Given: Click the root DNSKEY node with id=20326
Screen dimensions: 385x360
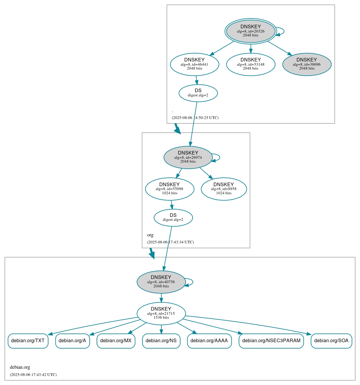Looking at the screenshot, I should (x=250, y=31).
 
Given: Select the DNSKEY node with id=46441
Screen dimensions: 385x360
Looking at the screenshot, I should (x=194, y=64).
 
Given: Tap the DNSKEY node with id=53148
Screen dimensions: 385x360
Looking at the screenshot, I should (x=250, y=64).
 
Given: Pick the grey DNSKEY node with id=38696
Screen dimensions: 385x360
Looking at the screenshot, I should (x=307, y=64).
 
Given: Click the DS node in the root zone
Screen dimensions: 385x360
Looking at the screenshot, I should (x=198, y=93).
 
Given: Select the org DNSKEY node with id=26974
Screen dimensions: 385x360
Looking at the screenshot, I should (x=188, y=157).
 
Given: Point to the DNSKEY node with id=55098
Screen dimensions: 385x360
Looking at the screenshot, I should (x=169, y=189).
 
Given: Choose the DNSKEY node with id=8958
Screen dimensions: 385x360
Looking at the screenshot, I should (x=224, y=189).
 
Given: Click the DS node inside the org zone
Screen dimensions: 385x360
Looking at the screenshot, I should (x=173, y=218).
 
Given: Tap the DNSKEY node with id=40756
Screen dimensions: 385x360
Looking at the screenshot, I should (x=161, y=282).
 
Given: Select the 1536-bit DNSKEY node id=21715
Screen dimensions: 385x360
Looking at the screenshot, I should (x=161, y=313).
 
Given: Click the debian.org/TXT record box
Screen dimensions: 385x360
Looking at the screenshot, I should (x=28, y=341).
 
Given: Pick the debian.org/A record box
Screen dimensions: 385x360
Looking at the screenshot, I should (x=72, y=341).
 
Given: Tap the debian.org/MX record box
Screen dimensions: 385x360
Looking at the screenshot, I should (x=116, y=341).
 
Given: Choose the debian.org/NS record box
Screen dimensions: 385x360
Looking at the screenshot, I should (x=161, y=341).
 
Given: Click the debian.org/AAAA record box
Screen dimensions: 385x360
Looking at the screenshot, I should (x=209, y=341).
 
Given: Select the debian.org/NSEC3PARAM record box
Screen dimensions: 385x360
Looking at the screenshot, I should (x=271, y=341).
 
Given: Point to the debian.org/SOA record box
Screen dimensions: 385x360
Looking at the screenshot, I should (x=331, y=341).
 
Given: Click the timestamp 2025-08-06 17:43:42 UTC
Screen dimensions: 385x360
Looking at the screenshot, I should (x=33, y=375).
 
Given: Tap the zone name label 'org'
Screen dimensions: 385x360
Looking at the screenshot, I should (x=150, y=235).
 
